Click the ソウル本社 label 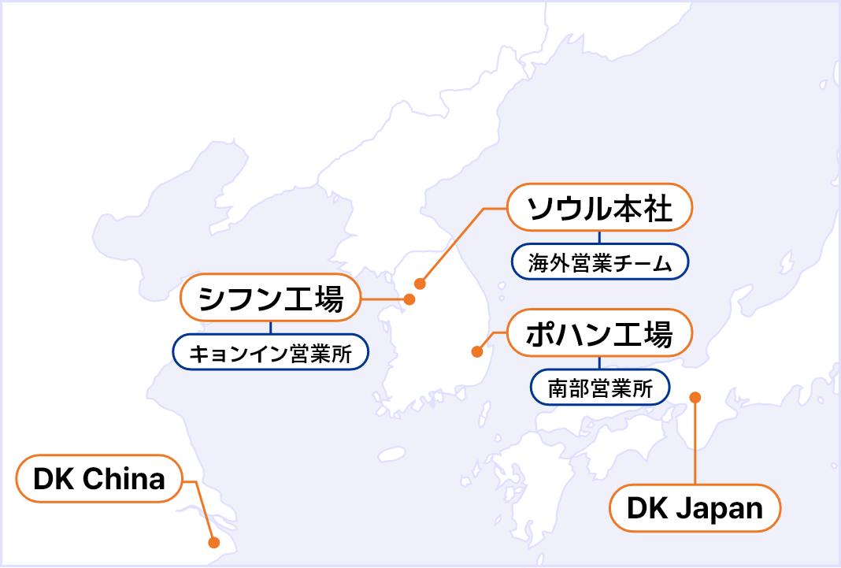click(599, 207)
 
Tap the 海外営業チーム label click(599, 262)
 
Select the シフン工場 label click(270, 298)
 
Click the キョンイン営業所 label click(270, 352)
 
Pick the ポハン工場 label click(599, 333)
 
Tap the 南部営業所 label click(599, 388)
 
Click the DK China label click(99, 478)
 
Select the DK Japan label click(695, 508)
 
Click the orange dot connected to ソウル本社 click(420, 284)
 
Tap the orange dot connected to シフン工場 click(409, 299)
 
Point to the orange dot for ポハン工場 click(477, 352)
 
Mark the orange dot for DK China click(213, 543)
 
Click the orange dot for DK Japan click(695, 397)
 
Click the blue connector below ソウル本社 click(599, 238)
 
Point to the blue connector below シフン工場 click(270, 328)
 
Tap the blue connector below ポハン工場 click(599, 363)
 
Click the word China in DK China click(124, 478)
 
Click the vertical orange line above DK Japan click(695, 441)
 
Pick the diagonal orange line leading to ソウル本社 click(452, 247)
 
